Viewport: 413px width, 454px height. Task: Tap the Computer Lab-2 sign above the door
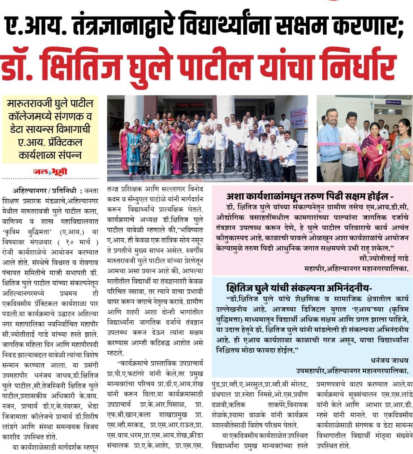tap(393, 102)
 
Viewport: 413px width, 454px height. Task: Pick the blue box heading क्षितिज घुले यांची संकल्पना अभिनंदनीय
tap(299, 288)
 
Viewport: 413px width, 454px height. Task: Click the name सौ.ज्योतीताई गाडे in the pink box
tap(384, 258)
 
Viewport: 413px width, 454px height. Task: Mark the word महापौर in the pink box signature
tap(315, 269)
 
